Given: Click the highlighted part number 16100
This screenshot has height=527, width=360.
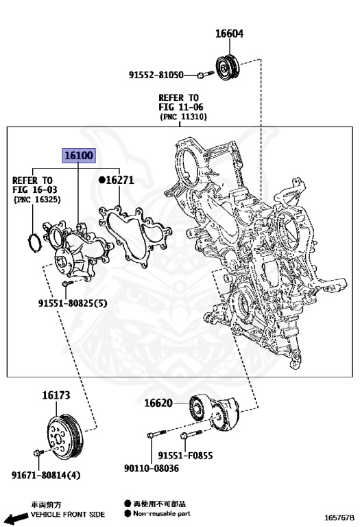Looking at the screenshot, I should click(x=79, y=156).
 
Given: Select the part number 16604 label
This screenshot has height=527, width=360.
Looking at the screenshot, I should click(x=229, y=34).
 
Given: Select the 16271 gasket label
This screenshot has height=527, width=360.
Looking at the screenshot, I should click(x=118, y=180).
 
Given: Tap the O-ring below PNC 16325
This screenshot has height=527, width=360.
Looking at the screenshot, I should click(x=32, y=241).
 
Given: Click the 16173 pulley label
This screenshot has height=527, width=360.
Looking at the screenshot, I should click(x=56, y=395).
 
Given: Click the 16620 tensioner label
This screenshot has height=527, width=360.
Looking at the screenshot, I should click(x=158, y=403).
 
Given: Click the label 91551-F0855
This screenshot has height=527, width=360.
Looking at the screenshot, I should click(x=185, y=455).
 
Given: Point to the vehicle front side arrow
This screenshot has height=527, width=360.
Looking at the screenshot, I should click(x=15, y=517).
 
